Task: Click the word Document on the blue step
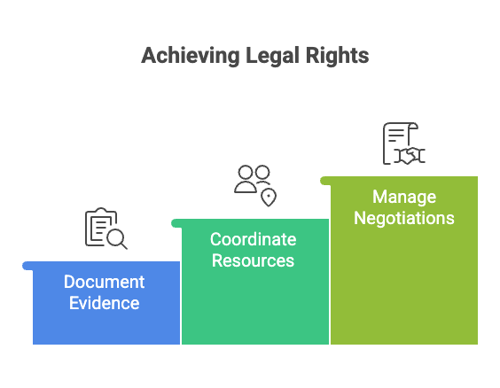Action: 104,283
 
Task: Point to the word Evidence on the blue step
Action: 104,303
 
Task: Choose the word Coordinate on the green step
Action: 253,240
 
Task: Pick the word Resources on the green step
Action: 253,261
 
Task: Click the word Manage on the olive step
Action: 403,197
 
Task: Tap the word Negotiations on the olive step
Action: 403,218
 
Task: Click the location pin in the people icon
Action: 268,197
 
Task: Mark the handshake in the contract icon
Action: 410,155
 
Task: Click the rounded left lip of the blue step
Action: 27,265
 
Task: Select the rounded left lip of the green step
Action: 176,222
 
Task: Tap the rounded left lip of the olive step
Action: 324,180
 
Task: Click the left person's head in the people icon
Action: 246,171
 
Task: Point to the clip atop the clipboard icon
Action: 100,213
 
